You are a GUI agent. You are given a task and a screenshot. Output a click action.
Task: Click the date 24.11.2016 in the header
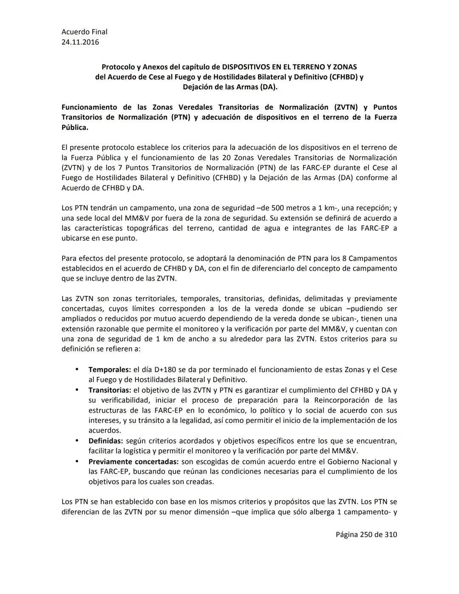tap(80, 42)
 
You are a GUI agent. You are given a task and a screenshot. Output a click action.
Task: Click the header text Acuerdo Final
tap(84, 31)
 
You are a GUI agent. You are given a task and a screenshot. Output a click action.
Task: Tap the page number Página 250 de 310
tap(366, 534)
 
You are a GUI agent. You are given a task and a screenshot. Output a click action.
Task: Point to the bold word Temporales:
tap(110, 369)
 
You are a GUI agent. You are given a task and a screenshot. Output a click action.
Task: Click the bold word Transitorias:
tap(110, 390)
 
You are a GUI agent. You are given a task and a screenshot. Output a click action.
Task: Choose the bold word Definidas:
tap(106, 441)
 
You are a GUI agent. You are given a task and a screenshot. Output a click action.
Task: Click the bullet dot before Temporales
tap(77, 369)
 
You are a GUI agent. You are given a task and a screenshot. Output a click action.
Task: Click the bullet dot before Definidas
tap(77, 441)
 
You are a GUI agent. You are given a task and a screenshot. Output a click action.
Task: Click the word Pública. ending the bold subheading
tap(75, 127)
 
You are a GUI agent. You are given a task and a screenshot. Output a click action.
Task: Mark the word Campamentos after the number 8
tap(373, 258)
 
